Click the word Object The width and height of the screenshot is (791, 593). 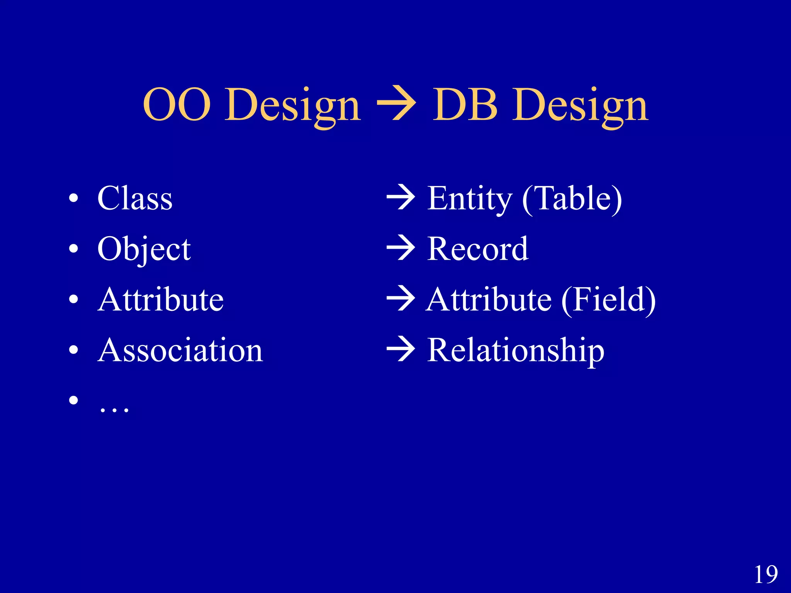[x=144, y=249]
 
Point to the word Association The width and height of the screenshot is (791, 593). [x=180, y=350]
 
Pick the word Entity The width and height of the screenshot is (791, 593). [x=469, y=199]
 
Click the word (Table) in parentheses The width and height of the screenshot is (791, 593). [x=572, y=199]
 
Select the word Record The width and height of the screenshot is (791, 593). [x=478, y=249]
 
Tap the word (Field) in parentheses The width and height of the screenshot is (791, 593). [x=608, y=300]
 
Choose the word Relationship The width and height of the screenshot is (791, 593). [x=516, y=351]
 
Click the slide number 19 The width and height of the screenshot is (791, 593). [x=766, y=574]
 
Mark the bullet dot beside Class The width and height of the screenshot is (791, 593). [x=73, y=199]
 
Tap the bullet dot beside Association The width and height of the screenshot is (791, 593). [x=73, y=350]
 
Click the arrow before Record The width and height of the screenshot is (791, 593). [x=401, y=248]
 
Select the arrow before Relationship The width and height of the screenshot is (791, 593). [x=401, y=349]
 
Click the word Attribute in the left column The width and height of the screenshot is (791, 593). [x=161, y=300]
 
